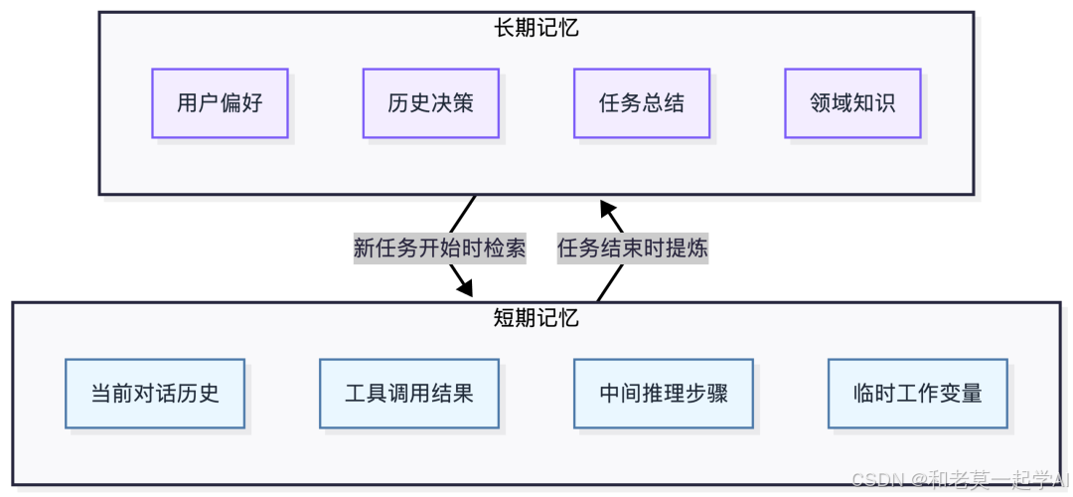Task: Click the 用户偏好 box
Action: click(220, 103)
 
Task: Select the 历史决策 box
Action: click(430, 103)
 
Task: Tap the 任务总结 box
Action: click(641, 103)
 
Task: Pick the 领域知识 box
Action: click(852, 103)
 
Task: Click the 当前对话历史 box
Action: click(155, 394)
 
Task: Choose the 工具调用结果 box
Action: click(409, 394)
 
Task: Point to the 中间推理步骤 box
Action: click(664, 394)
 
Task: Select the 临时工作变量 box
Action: click(918, 394)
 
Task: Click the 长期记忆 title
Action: click(536, 28)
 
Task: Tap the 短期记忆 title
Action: click(536, 318)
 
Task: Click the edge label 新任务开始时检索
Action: click(439, 248)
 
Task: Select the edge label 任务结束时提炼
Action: click(632, 248)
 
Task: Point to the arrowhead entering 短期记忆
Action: click(464, 287)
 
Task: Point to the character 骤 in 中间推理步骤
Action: click(717, 394)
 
